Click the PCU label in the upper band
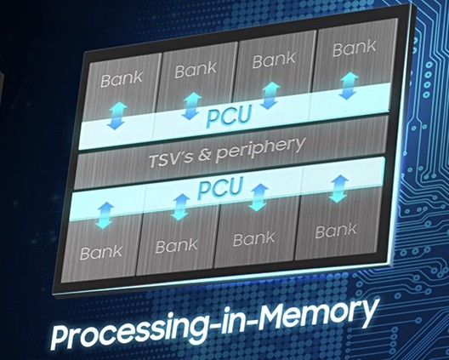(230, 116)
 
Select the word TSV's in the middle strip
(171, 161)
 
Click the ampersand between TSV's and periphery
(204, 157)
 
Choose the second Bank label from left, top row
(196, 69)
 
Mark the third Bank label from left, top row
(274, 60)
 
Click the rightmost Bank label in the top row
(355, 48)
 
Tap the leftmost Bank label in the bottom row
(101, 252)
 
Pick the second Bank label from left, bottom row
(176, 245)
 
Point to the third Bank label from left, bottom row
(253, 239)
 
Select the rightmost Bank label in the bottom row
(336, 231)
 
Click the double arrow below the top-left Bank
(117, 117)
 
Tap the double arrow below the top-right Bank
(348, 86)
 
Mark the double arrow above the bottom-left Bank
(105, 215)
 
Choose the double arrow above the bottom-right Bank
(338, 189)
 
